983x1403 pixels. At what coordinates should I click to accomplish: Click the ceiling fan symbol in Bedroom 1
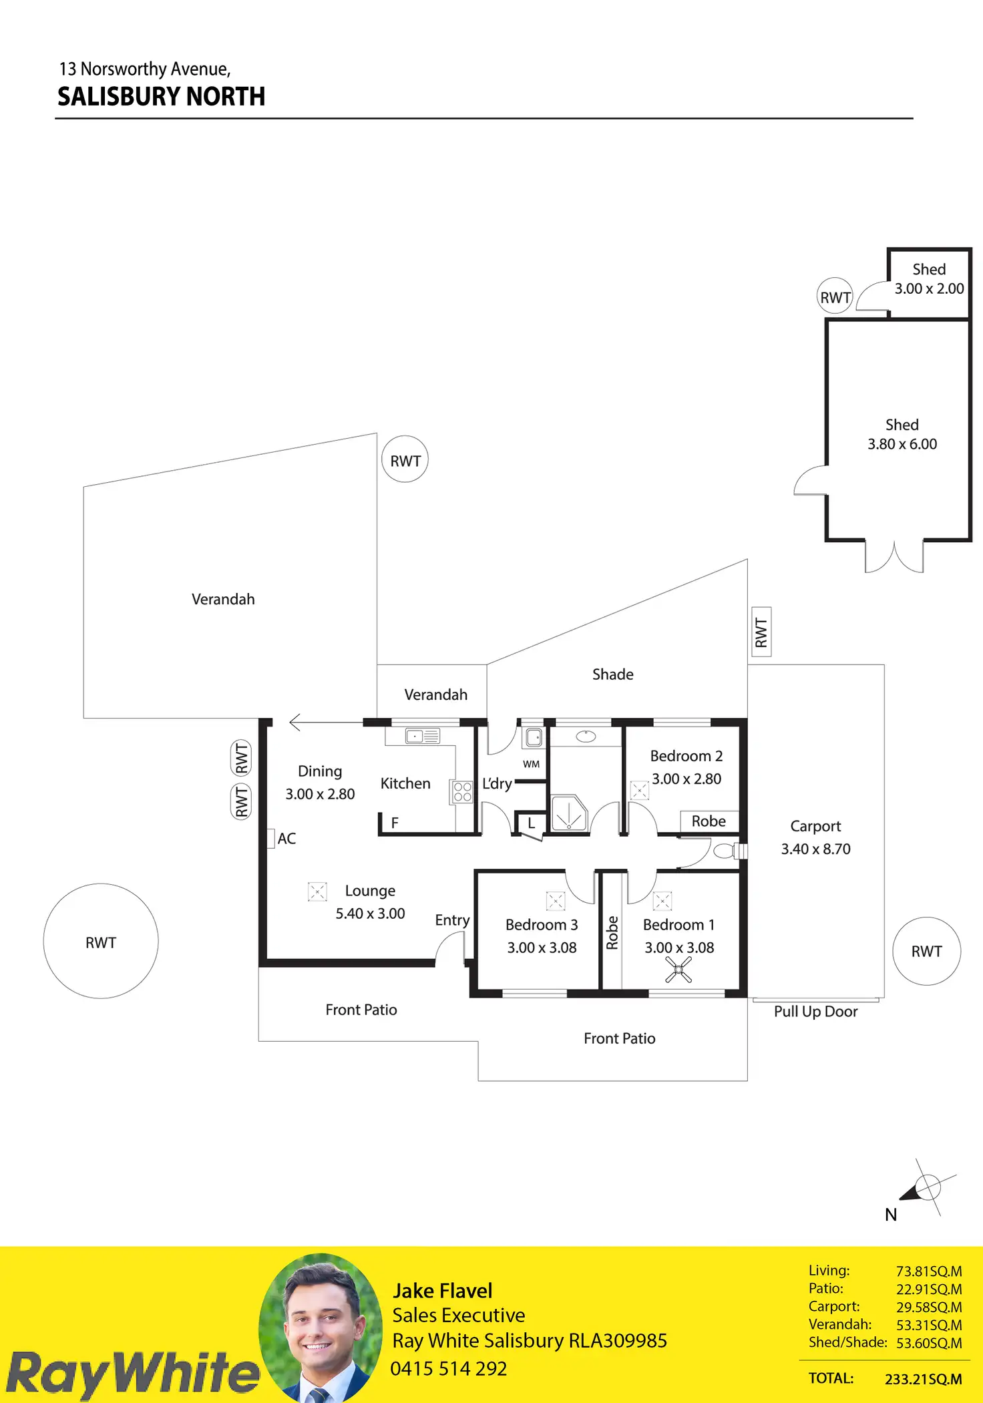point(678,970)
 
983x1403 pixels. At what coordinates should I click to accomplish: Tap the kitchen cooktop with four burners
point(462,792)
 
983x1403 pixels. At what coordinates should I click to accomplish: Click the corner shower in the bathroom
point(568,813)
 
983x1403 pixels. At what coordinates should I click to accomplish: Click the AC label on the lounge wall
point(286,839)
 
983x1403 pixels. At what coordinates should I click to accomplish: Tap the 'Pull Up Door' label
point(815,1012)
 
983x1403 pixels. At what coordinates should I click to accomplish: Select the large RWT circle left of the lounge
point(101,942)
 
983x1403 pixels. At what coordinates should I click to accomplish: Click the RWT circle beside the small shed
point(835,296)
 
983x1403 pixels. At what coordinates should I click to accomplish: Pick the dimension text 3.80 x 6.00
point(902,444)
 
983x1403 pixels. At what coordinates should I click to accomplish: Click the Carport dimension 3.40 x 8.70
point(815,849)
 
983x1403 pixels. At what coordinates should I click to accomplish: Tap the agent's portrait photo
point(321,1328)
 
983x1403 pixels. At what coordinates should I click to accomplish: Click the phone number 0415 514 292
point(449,1368)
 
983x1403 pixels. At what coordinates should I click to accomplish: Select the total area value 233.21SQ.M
point(923,1379)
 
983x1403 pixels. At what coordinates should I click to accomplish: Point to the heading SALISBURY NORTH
point(162,97)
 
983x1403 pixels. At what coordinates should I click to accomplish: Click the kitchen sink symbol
point(422,736)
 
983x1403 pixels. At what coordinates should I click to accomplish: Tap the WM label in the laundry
point(531,764)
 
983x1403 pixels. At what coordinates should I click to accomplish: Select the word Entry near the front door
point(452,920)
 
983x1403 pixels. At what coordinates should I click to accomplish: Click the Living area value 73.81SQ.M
point(928,1271)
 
